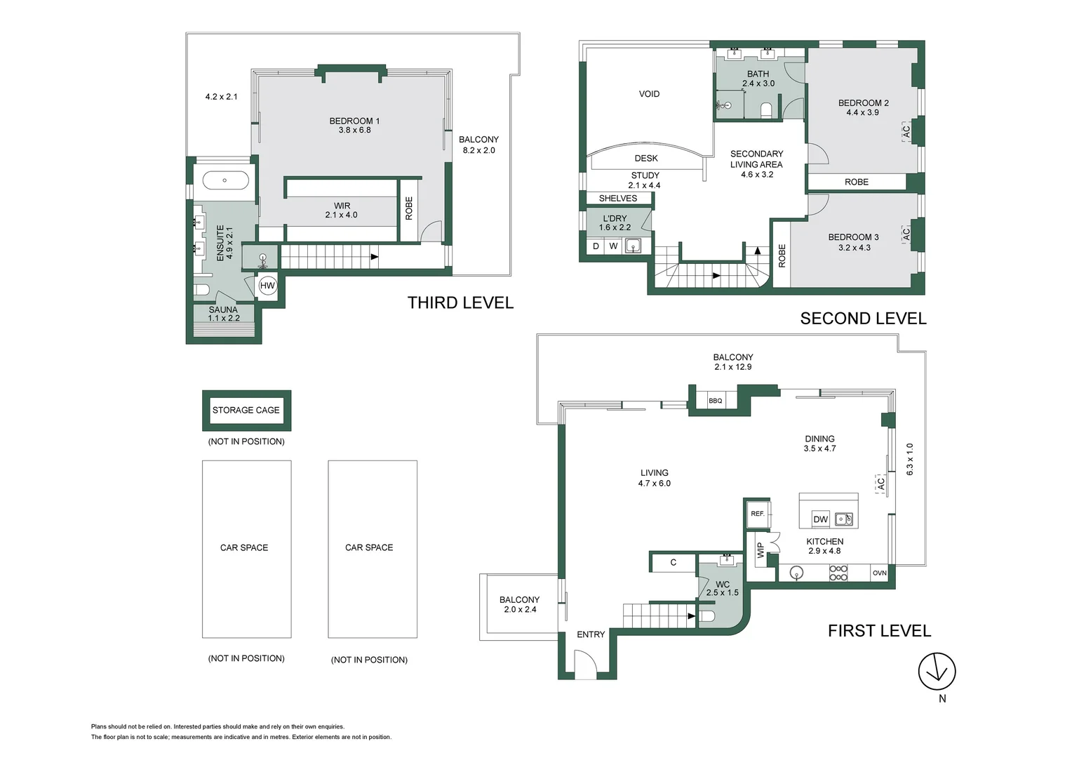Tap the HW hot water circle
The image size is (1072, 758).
(267, 286)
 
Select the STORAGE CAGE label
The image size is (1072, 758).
(246, 411)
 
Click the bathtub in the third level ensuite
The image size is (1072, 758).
(225, 180)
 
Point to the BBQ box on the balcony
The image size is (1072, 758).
(716, 401)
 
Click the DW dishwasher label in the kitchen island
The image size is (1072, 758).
(820, 519)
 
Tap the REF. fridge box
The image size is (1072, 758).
(758, 514)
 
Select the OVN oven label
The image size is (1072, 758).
(880, 573)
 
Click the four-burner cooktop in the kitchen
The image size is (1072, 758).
(838, 573)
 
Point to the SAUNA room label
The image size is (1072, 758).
(223, 310)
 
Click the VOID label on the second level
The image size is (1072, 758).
(649, 94)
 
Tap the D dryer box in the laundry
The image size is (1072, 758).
(596, 246)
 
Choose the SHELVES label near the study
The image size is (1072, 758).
(618, 198)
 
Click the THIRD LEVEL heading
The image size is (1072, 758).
(460, 302)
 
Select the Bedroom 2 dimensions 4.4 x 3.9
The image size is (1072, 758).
(862, 112)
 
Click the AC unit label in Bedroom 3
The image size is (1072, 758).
(906, 234)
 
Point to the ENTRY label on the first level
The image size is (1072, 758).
(591, 634)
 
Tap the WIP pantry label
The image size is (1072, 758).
(761, 550)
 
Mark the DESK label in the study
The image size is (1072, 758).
(646, 158)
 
